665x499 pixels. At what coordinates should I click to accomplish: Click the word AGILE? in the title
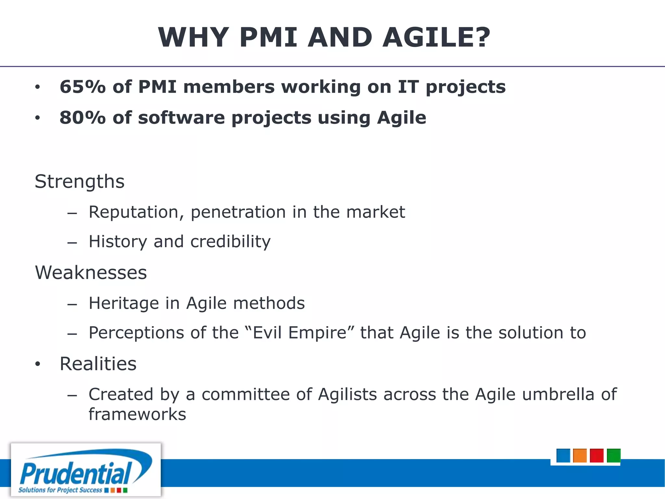pyautogui.click(x=436, y=38)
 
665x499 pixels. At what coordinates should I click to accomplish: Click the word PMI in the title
pyautogui.click(x=268, y=38)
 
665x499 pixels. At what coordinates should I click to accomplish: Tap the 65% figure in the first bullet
pyautogui.click(x=83, y=87)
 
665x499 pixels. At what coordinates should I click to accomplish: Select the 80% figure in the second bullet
pyautogui.click(x=83, y=118)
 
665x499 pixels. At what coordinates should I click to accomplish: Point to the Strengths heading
pyautogui.click(x=80, y=181)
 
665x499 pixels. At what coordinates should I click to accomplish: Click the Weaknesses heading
pyautogui.click(x=91, y=273)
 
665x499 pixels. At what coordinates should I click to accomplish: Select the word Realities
pyautogui.click(x=98, y=364)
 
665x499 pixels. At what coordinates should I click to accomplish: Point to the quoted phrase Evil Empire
pyautogui.click(x=299, y=333)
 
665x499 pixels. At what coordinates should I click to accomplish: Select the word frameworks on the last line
pyautogui.click(x=137, y=415)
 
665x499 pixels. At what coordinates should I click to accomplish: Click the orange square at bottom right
pyautogui.click(x=580, y=455)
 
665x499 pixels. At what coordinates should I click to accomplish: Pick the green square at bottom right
pyautogui.click(x=613, y=455)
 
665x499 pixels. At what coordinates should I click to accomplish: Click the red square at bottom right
pyautogui.click(x=596, y=455)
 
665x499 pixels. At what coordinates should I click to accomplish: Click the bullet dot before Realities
pyautogui.click(x=38, y=364)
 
